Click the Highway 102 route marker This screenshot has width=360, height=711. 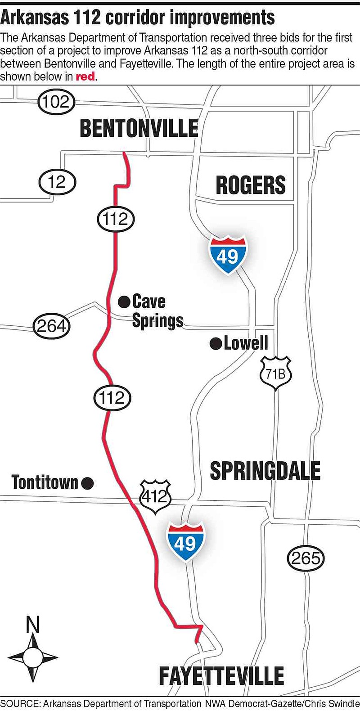[x=56, y=102]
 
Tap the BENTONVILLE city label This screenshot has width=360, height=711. [x=139, y=129]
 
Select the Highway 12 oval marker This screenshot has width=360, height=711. [x=57, y=182]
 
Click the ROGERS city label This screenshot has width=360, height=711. [x=251, y=185]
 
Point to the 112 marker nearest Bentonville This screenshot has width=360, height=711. [x=116, y=219]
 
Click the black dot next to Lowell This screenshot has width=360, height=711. [x=216, y=344]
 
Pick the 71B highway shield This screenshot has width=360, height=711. [x=275, y=373]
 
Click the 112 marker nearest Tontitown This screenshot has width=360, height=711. [x=112, y=398]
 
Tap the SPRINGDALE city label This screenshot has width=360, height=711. [x=265, y=471]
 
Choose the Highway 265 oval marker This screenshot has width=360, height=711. [x=306, y=558]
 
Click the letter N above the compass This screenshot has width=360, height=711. [x=33, y=625]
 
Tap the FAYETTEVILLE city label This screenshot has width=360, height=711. [x=221, y=676]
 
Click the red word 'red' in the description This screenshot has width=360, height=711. [x=85, y=76]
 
